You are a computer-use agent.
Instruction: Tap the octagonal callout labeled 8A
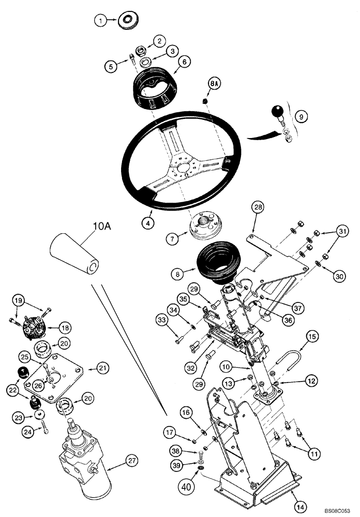(214, 83)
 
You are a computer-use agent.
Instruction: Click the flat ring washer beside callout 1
(126, 21)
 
